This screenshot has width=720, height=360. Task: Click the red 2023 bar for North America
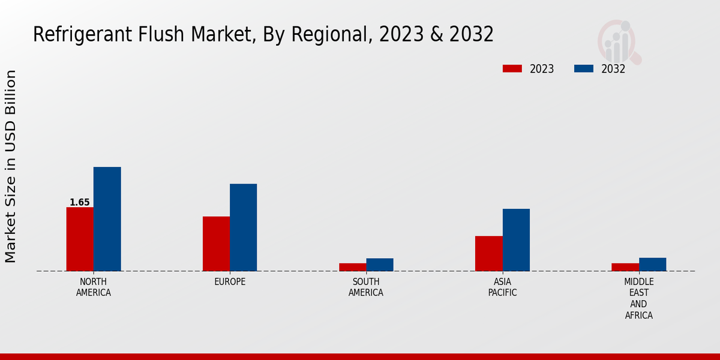point(80,239)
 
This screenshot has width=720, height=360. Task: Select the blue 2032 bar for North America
point(107,219)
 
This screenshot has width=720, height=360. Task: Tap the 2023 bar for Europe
point(216,244)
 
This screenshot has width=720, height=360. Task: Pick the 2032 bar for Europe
point(243,227)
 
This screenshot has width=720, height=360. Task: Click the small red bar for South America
point(352,267)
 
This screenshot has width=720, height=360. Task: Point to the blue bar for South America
point(380,265)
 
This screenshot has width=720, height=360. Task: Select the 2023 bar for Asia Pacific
point(488,253)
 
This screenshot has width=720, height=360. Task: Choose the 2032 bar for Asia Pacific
point(516,240)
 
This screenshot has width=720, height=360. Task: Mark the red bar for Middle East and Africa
point(625,267)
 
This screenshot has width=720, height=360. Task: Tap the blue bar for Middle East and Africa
point(652,265)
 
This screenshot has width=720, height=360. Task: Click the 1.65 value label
point(79,202)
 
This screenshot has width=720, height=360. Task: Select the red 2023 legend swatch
point(512,68)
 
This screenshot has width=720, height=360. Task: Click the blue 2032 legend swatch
point(584,68)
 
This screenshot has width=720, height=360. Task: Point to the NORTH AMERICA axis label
point(93,287)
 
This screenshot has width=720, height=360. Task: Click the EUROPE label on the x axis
point(230,281)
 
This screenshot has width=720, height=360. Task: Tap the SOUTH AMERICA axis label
point(366,287)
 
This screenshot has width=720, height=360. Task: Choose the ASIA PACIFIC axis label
point(502,287)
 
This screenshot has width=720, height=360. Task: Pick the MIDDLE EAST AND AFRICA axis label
point(639,298)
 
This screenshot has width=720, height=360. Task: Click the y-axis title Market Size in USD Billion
point(11,166)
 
